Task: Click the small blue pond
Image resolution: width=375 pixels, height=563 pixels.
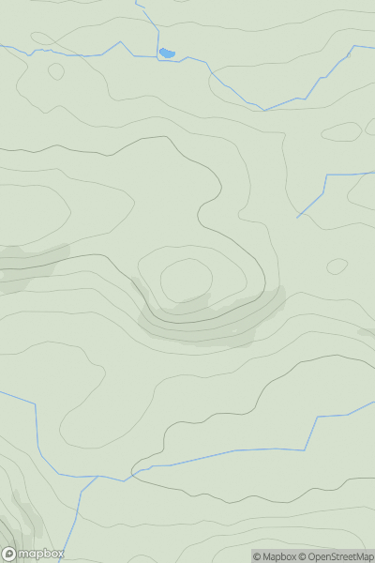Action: point(167,53)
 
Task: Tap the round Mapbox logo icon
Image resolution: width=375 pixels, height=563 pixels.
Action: point(9,554)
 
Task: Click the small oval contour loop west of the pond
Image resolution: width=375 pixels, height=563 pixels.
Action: point(56,71)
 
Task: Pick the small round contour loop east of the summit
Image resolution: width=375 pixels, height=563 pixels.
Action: point(337,266)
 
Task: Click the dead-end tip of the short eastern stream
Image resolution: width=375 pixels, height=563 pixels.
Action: point(298,218)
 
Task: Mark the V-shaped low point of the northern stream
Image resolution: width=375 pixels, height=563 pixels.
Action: point(264,110)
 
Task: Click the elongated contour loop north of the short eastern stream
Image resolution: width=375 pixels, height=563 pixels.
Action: point(341,132)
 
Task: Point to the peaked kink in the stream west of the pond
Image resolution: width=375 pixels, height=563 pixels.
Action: point(120,42)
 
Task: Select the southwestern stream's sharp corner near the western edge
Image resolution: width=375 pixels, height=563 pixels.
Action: point(37,405)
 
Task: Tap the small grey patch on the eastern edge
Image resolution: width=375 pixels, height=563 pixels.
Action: point(367,331)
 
